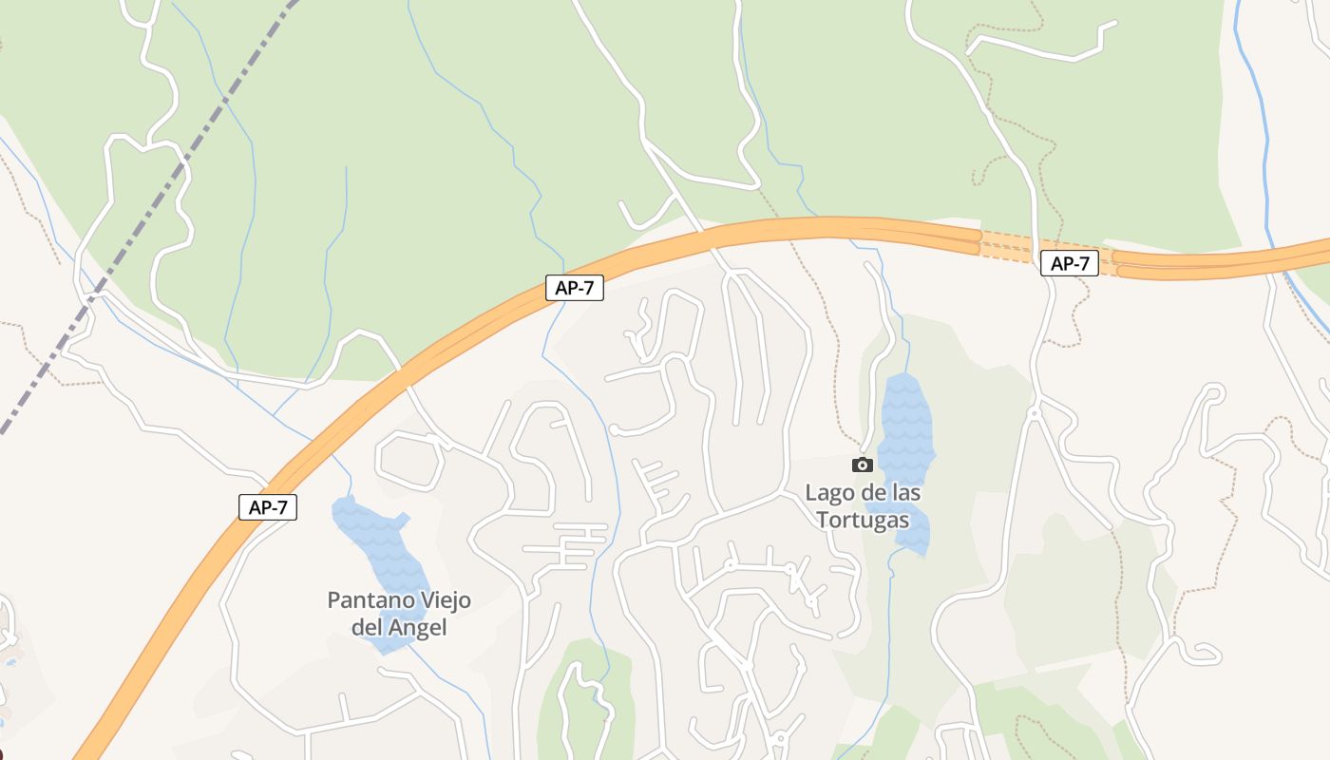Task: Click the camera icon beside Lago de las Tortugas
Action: coord(863,465)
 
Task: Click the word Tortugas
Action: coord(862,520)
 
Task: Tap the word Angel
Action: coord(416,628)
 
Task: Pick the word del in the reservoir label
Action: coord(367,628)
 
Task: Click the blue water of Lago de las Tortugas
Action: coord(904,418)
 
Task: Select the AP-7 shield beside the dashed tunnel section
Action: coord(1070,263)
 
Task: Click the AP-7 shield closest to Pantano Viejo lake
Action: coord(268,507)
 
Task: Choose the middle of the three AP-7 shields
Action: coord(575,288)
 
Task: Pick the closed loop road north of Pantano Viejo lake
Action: coord(409,460)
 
